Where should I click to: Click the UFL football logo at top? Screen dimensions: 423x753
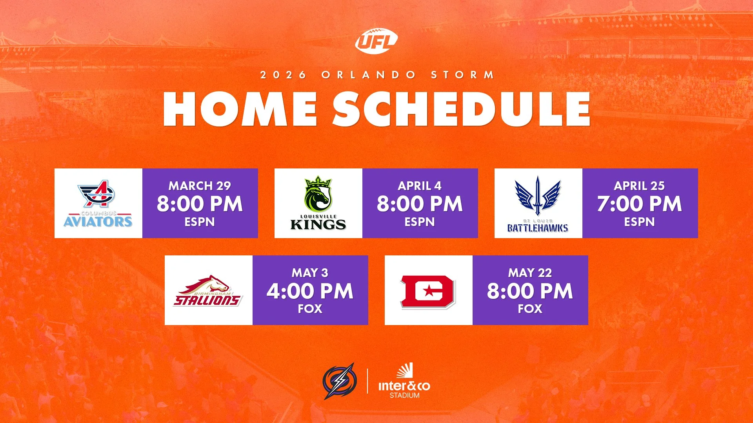(x=376, y=41)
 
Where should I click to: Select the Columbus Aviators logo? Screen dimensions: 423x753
(x=98, y=204)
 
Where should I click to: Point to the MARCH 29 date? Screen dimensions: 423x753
(x=200, y=186)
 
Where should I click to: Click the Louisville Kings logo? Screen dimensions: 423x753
(x=318, y=204)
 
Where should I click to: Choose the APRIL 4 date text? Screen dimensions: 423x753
(x=420, y=186)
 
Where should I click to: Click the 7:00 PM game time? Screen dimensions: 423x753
(x=639, y=204)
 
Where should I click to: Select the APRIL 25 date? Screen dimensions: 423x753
(x=639, y=186)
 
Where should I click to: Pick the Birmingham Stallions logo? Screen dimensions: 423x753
(x=208, y=291)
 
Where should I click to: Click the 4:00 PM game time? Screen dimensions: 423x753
(x=310, y=291)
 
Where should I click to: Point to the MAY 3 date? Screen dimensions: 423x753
(x=310, y=273)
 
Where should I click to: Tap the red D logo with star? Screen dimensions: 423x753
(x=428, y=291)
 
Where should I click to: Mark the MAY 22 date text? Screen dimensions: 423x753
(x=530, y=273)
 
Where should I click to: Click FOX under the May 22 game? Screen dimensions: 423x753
(x=530, y=309)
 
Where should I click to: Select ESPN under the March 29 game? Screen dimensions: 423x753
(x=200, y=222)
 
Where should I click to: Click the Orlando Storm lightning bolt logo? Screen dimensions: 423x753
(x=340, y=381)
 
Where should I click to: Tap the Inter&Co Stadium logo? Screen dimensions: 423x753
(x=404, y=381)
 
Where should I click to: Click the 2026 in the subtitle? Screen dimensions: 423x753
(x=283, y=75)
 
